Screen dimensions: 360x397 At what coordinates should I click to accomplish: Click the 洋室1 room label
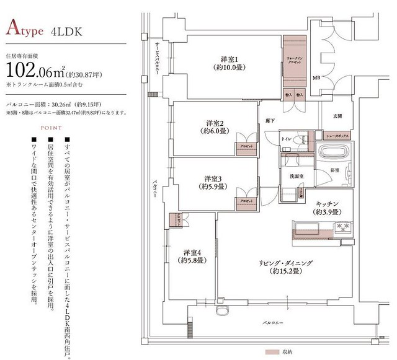[x=225, y=59]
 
